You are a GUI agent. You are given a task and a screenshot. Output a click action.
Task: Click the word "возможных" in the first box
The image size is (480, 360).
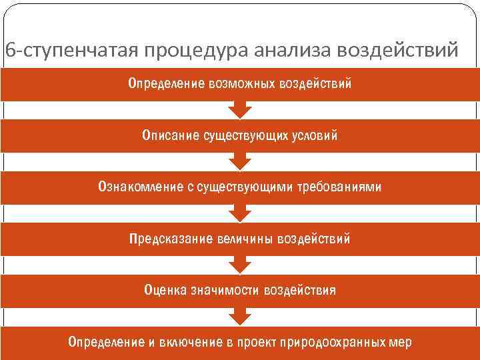click(239, 85)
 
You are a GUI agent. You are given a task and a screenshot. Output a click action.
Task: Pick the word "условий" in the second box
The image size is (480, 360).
click(314, 136)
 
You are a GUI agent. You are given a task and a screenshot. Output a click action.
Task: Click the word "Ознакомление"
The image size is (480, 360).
click(138, 187)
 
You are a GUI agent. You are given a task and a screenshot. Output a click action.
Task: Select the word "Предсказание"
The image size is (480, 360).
click(171, 239)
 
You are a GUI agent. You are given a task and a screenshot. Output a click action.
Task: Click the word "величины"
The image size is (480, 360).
click(245, 239)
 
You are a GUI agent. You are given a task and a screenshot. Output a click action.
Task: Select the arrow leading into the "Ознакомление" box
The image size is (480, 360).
click(240, 161)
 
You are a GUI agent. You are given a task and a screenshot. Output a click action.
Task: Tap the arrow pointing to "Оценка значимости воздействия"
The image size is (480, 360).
click(240, 265)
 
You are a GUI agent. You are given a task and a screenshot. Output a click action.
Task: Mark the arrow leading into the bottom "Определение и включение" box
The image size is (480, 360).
click(240, 317)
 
